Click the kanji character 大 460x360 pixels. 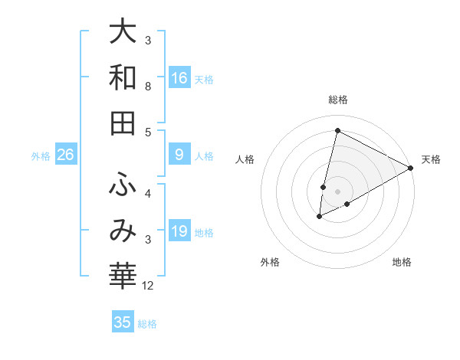click(x=123, y=32)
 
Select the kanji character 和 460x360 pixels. click(x=123, y=77)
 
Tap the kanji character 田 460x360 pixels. click(x=123, y=123)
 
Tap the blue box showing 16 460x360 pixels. click(x=179, y=77)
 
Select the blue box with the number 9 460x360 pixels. click(x=179, y=155)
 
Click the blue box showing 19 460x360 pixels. click(x=179, y=231)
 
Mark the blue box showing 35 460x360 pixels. click(x=123, y=322)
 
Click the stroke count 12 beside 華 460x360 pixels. click(x=149, y=286)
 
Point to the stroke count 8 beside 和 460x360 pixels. click(x=148, y=87)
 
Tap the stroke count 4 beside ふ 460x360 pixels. click(x=148, y=193)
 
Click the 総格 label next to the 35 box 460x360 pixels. click(x=147, y=324)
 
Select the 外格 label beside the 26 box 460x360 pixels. click(x=41, y=156)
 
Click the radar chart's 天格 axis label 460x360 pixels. click(x=431, y=159)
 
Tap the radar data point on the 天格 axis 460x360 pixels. click(x=411, y=168)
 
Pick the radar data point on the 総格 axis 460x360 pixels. click(x=337, y=130)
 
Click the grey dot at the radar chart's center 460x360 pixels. click(x=337, y=191)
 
